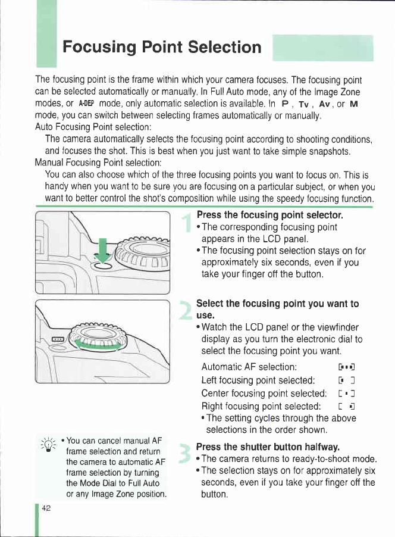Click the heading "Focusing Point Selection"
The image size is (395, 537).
[162, 47]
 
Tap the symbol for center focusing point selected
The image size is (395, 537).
[347, 394]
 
